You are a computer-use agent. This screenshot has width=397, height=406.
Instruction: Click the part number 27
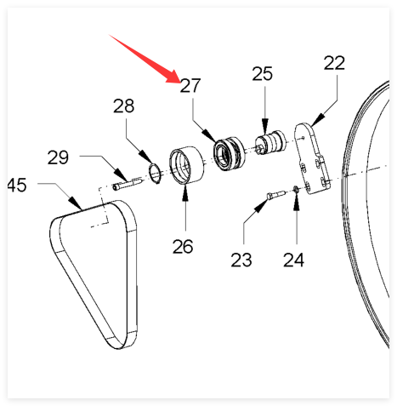click(190, 86)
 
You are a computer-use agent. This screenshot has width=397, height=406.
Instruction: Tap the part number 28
click(123, 106)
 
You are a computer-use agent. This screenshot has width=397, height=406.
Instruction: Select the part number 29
click(58, 157)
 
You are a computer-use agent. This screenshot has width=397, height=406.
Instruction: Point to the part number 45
click(17, 185)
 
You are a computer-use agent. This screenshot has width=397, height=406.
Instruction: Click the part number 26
click(183, 246)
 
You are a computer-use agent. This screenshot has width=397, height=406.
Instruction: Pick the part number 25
click(263, 74)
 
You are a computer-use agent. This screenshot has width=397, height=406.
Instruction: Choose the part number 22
click(334, 63)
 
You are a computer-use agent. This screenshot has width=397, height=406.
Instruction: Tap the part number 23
click(241, 260)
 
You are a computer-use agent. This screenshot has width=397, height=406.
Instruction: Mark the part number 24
click(294, 260)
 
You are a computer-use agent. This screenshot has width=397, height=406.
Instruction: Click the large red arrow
click(145, 59)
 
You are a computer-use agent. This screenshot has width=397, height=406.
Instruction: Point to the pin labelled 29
click(128, 183)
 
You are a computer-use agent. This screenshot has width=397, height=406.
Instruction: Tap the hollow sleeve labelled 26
click(186, 165)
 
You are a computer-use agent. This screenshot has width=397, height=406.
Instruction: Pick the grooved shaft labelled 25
click(270, 143)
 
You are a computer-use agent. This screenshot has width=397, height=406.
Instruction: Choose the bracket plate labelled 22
click(312, 159)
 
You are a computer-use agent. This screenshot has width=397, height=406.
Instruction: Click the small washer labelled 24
click(295, 189)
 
